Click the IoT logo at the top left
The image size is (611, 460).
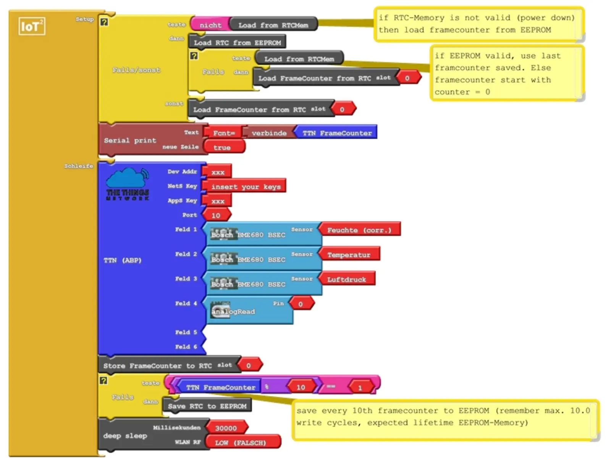[x=32, y=26]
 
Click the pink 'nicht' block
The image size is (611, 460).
[x=210, y=25]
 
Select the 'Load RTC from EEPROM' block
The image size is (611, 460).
[x=237, y=43]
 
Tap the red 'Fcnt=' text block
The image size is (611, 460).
[x=223, y=133]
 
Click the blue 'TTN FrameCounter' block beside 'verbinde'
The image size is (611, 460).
[x=336, y=133]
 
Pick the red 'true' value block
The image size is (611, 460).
[x=222, y=148]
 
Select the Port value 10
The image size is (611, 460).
[x=216, y=216]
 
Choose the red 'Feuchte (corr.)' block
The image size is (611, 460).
[x=359, y=230]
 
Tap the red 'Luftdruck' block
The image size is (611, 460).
[x=346, y=280]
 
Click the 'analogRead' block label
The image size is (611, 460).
[x=233, y=312]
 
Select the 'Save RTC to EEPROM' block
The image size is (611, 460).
[x=207, y=406]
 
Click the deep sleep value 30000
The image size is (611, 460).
[x=226, y=428]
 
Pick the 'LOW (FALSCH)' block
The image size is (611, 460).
[x=240, y=443]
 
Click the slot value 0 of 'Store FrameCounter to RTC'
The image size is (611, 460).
[x=249, y=365]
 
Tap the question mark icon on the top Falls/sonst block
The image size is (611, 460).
[x=104, y=23]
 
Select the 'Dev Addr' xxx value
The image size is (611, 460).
[x=218, y=172]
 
